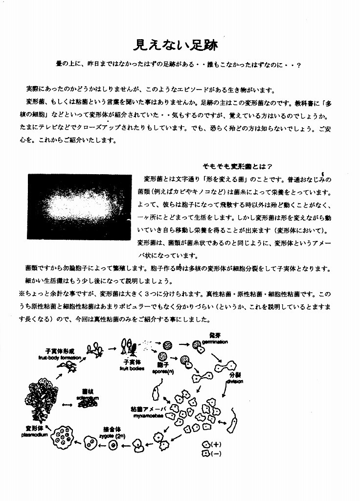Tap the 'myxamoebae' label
(x=145, y=415)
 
